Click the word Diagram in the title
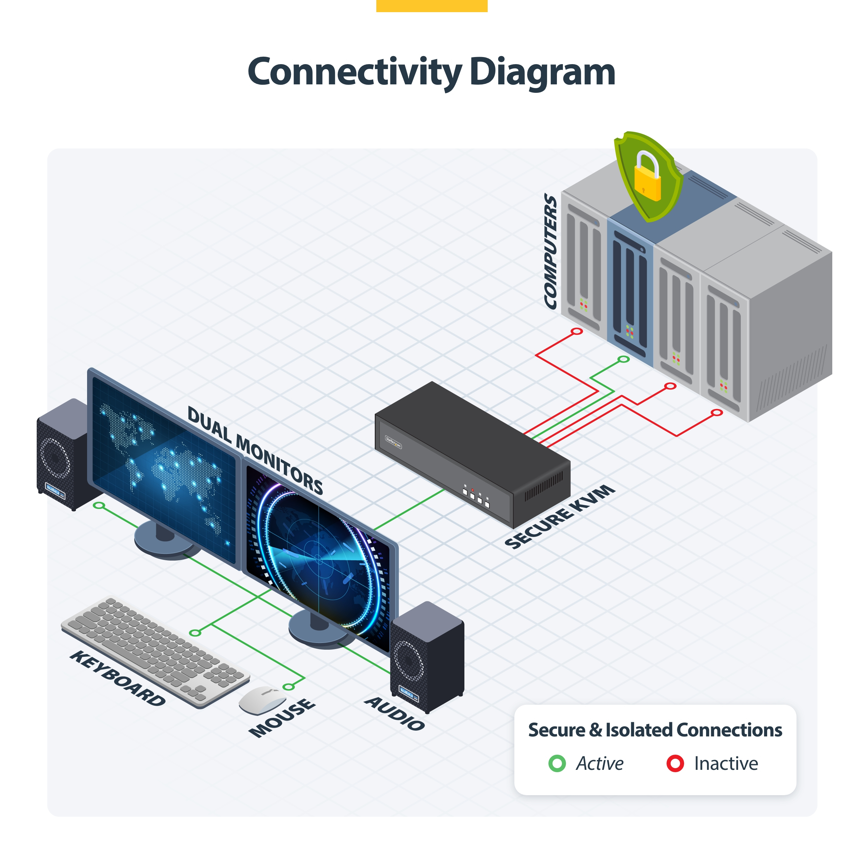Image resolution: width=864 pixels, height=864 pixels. (542, 73)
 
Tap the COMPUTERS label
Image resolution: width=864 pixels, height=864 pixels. (550, 251)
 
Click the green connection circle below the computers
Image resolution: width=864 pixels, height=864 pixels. (623, 359)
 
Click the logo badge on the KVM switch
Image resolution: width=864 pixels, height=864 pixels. (394, 442)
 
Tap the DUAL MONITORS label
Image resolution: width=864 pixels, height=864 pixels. (255, 450)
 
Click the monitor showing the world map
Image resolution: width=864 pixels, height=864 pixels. (163, 469)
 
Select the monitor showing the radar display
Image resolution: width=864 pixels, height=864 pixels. (318, 559)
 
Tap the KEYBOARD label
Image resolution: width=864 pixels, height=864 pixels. (117, 678)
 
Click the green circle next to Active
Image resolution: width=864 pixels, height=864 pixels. (557, 763)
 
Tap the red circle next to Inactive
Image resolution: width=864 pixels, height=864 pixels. (675, 763)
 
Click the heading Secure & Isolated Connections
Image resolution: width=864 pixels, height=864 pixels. (655, 730)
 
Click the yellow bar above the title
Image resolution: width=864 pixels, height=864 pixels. (432, 5)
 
